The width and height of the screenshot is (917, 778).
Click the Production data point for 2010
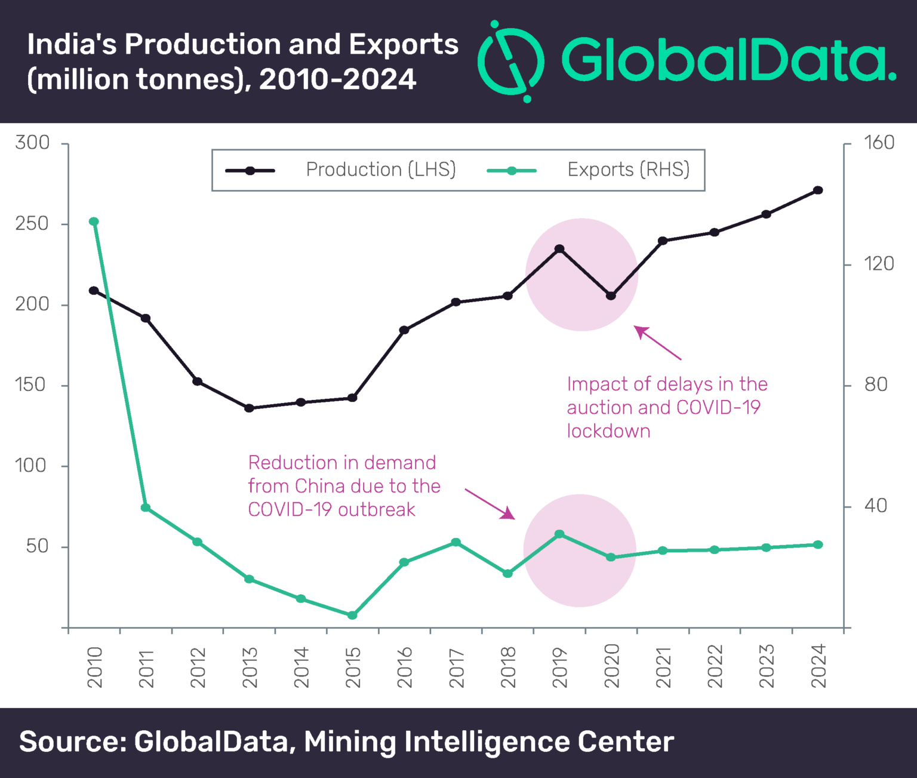94,291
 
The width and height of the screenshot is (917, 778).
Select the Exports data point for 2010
94,222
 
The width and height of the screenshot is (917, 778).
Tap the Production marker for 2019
559,249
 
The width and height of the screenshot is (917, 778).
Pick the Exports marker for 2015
352,615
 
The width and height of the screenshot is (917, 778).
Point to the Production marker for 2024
818,190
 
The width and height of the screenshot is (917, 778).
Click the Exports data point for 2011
145,508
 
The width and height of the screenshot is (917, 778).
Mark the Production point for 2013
249,408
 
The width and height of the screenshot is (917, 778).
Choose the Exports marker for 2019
559,534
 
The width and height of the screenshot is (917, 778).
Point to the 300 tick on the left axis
32,143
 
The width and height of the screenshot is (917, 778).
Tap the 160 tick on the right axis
879,143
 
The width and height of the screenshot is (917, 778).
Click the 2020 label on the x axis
611,666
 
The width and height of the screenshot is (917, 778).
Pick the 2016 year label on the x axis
404,666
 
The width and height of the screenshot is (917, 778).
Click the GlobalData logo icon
510,61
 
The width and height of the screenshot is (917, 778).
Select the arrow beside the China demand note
490,503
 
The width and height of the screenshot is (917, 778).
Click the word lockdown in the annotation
608,431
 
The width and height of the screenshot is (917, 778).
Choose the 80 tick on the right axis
876,385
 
